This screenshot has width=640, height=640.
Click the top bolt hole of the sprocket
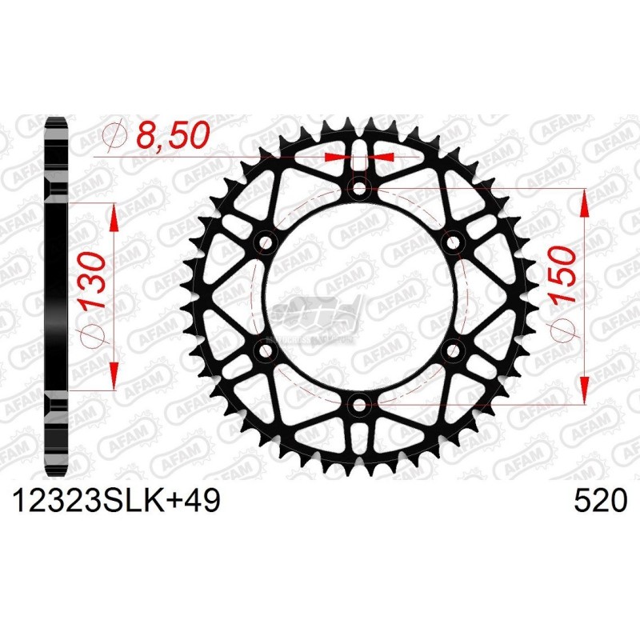[359, 190]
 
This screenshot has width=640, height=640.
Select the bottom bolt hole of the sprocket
[359, 404]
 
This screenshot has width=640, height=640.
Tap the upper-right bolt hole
[454, 242]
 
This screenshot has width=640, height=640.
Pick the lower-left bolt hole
[265, 350]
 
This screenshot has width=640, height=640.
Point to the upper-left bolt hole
[265, 242]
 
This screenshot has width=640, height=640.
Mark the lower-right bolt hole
[454, 350]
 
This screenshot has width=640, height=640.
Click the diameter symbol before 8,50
[116, 137]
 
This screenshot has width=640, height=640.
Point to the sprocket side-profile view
[56, 296]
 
